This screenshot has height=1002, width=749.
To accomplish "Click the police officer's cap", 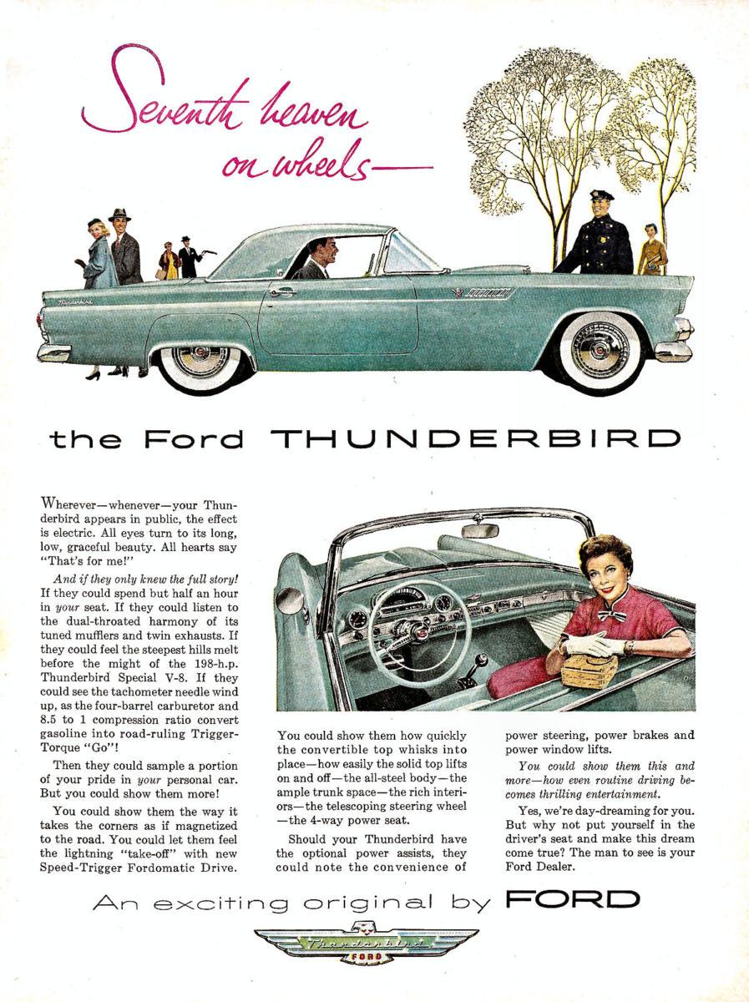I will click(601, 195).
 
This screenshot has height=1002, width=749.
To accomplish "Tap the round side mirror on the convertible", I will click(291, 600).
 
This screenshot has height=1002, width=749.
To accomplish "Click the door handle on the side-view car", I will click(282, 292).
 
